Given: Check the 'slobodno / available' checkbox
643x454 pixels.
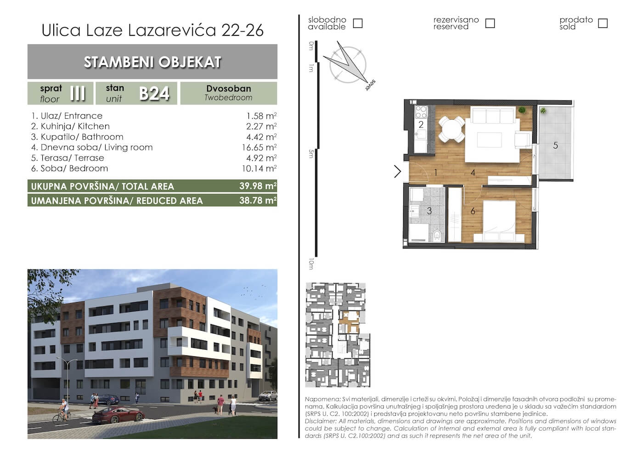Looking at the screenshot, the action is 358,23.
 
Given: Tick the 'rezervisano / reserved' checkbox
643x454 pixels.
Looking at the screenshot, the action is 490,23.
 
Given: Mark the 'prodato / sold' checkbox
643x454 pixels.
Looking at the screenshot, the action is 603,23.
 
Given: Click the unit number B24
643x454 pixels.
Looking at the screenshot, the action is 154,94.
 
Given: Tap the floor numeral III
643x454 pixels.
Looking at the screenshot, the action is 78,94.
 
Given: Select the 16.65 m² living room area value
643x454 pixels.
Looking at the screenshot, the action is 259,147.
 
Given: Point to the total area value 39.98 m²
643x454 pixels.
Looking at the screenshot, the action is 258,186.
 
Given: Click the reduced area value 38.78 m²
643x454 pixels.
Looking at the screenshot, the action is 258,200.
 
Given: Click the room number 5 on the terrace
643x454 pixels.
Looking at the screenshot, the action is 555,146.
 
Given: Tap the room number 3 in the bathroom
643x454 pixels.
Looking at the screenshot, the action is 429,211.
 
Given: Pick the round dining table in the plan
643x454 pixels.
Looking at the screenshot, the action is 451,129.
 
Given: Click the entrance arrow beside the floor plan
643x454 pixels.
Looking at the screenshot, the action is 398,172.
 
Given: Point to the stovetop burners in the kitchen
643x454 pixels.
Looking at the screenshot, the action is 421,112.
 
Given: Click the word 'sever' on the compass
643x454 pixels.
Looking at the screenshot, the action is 370,85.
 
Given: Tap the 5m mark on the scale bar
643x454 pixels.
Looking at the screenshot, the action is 311,154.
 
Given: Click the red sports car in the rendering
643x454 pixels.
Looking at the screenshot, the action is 118,415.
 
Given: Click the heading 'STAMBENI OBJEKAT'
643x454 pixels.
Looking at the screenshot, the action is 152,62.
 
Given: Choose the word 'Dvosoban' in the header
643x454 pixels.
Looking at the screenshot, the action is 229,89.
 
